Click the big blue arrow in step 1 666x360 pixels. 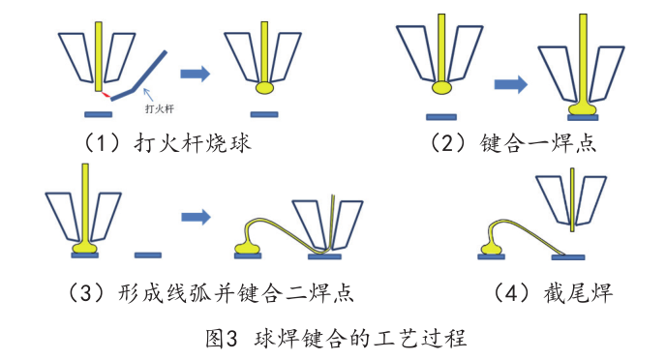pyautogui.click(x=197, y=72)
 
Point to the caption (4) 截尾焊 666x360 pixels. pyautogui.click(x=552, y=292)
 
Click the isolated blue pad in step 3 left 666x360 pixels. pyautogui.click(x=147, y=255)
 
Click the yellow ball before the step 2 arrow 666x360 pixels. pyautogui.click(x=441, y=88)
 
